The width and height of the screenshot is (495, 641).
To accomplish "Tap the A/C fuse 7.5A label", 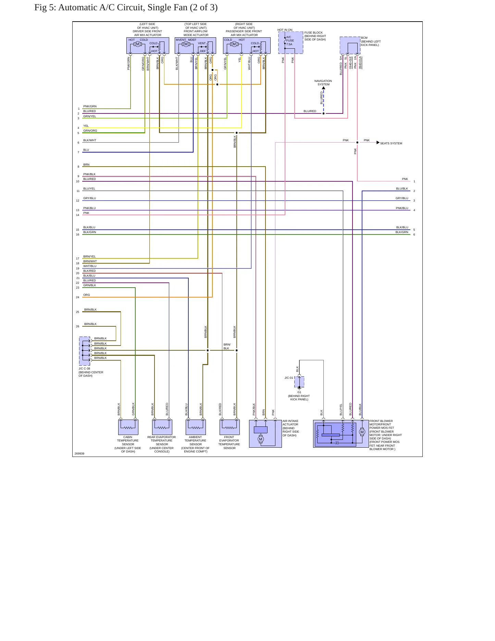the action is tap(290, 40).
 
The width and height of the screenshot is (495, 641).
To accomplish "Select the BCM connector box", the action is tap(350, 45).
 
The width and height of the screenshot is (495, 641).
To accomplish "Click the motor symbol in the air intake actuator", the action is tap(261, 439).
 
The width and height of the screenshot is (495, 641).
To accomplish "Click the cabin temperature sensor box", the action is tap(128, 427).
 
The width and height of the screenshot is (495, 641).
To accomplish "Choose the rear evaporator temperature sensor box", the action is tap(162, 427).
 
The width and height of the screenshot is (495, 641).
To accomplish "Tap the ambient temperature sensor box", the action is tap(196, 427).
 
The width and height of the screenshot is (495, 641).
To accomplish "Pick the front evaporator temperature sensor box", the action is tap(230, 427).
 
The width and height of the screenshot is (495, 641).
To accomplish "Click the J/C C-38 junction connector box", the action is tap(85, 351).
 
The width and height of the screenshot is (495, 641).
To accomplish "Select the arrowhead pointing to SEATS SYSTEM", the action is tap(378, 142).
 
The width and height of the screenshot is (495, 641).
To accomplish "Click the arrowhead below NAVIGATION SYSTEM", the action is tap(323, 88).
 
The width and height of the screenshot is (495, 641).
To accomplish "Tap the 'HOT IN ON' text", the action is tap(285, 30).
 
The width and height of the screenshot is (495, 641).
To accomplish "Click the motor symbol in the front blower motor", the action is tap(362, 432).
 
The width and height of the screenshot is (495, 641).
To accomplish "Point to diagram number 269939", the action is tap(79, 453).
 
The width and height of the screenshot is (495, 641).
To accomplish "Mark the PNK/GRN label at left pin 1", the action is tap(90, 106).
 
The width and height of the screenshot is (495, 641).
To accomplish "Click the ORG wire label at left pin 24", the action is tap(87, 295).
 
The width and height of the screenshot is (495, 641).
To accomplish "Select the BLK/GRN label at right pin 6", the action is tap(402, 232).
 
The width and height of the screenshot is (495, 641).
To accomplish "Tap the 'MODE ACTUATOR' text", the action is tap(196, 35).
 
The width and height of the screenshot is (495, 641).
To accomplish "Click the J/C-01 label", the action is tap(289, 378).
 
